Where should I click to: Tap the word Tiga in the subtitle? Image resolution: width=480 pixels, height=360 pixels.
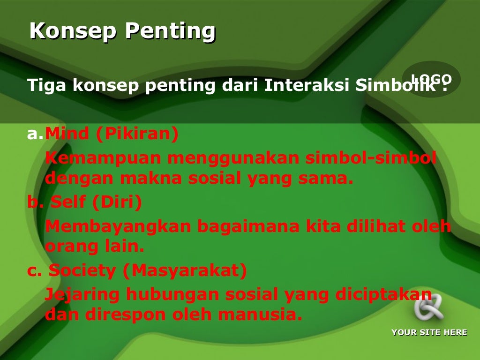(x=45, y=86)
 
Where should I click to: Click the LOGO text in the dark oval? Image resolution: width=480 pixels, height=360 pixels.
(x=431, y=79)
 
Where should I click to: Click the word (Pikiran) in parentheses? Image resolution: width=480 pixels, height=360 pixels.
(x=137, y=135)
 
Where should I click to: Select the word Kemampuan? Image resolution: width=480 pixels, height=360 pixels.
(x=103, y=159)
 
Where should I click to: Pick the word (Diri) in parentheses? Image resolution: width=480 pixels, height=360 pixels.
(x=117, y=202)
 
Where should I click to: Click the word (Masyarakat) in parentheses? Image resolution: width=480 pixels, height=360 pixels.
(x=188, y=271)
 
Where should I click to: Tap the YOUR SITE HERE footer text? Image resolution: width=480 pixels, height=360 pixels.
(x=429, y=332)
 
